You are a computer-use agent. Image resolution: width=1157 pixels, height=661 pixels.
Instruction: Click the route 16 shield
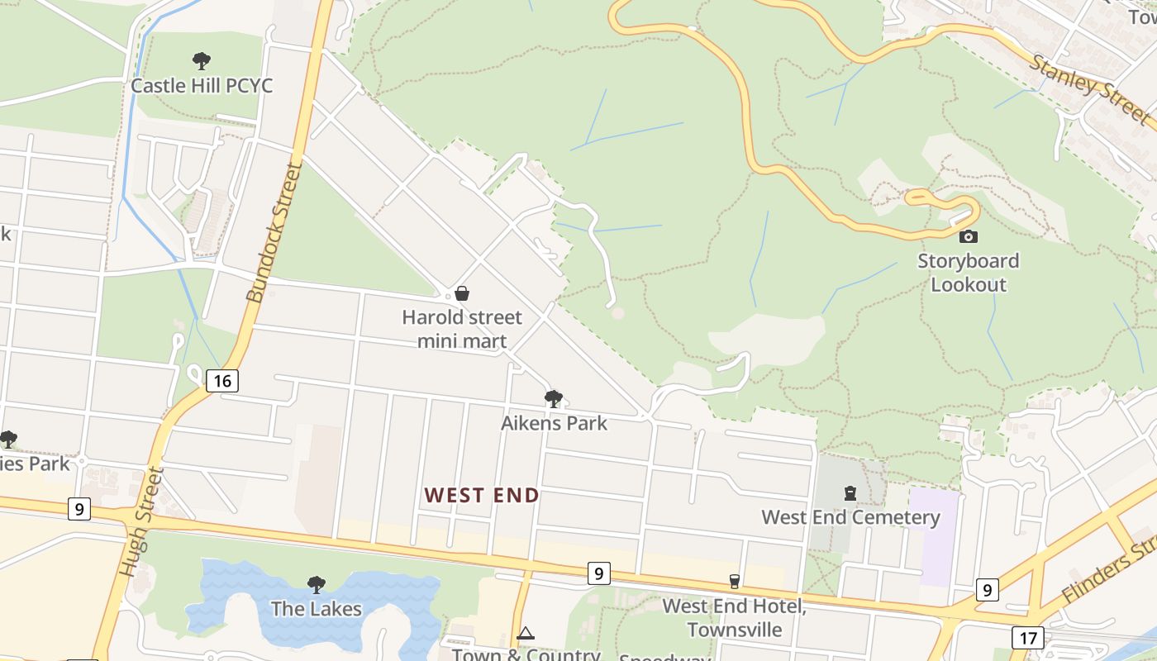click(221, 381)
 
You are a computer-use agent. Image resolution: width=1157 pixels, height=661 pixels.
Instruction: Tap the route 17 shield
click(1027, 638)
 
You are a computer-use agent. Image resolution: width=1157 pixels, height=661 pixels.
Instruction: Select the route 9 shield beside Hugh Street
click(79, 508)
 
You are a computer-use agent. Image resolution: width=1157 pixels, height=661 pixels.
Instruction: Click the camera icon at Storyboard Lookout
click(968, 236)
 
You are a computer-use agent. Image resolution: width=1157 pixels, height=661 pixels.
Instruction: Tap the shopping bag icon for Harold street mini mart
click(462, 293)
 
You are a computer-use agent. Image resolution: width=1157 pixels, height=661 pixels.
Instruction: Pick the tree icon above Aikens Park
click(554, 399)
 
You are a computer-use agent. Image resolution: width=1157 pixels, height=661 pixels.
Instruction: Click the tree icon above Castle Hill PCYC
click(201, 61)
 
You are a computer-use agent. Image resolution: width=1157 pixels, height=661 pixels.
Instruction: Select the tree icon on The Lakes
click(316, 585)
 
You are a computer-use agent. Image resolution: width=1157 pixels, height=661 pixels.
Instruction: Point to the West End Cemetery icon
click(850, 494)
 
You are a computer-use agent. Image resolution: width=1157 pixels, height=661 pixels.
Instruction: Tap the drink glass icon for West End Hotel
click(734, 582)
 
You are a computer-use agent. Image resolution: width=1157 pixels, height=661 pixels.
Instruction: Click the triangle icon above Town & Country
click(526, 634)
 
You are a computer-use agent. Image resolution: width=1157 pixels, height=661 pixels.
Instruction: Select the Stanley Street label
click(1089, 88)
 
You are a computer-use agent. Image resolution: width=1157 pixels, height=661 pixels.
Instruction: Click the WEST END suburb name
click(482, 496)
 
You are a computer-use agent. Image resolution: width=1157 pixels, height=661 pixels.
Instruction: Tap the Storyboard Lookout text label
click(969, 273)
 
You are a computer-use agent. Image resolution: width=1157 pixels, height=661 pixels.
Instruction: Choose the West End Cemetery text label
click(850, 518)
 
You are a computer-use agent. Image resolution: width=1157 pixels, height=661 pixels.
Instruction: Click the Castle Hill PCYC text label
click(202, 86)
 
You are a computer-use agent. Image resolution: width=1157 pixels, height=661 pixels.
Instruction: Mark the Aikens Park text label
click(554, 423)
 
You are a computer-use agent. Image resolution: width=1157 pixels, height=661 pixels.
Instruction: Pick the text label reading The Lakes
click(317, 609)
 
